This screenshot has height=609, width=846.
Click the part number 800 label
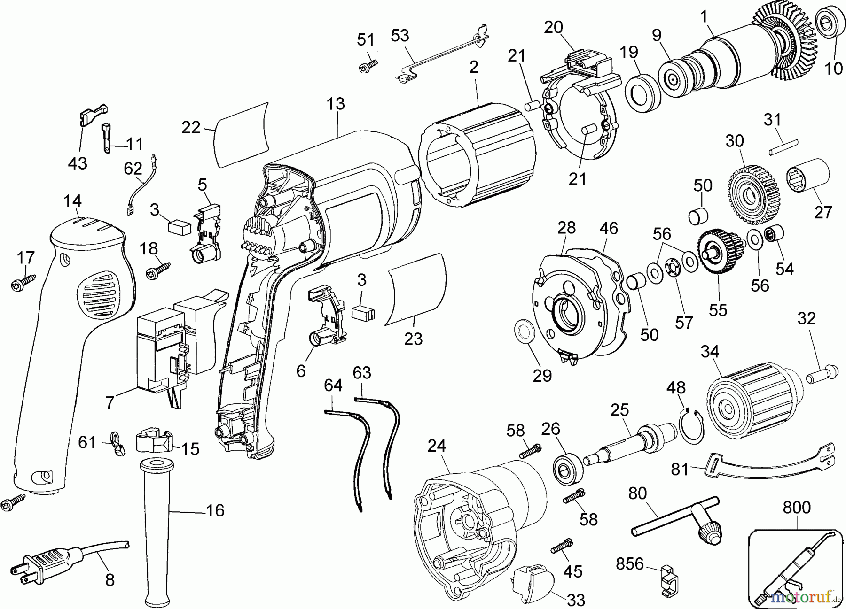pyautogui.click(x=797, y=508)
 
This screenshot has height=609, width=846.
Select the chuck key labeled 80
pyautogui.click(x=677, y=521)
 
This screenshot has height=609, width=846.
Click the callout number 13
pyautogui.click(x=336, y=104)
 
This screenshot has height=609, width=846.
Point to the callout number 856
pyautogui.click(x=630, y=564)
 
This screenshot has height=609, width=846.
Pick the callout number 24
pyautogui.click(x=437, y=446)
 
